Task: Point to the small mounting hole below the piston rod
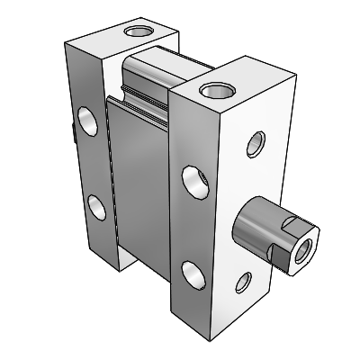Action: coord(243,283)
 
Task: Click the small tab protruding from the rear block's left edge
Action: coord(70,134)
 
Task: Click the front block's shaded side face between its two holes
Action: coord(193,225)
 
